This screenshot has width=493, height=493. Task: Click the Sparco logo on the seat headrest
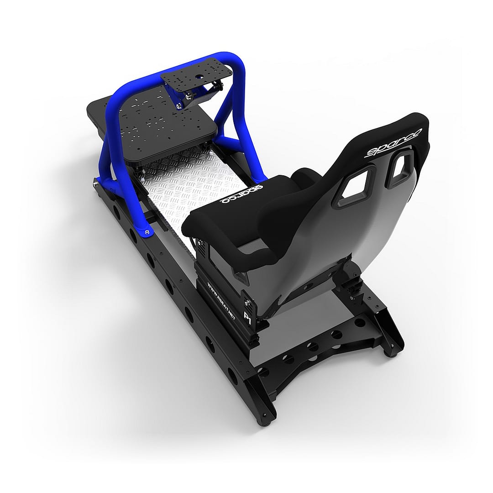(394, 143)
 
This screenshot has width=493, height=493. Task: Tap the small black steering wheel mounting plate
(196, 78)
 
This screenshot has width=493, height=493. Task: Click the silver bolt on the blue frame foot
(147, 232)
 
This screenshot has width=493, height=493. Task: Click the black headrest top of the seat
(402, 126)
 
